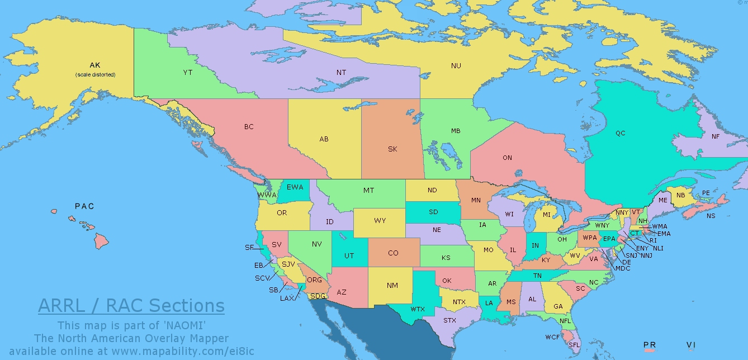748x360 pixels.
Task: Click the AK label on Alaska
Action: pos(94,65)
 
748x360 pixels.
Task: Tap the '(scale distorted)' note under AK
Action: pos(95,74)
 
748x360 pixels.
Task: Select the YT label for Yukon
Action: pos(188,73)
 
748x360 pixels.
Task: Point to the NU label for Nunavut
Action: pos(456,66)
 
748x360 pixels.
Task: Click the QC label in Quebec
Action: pos(620,133)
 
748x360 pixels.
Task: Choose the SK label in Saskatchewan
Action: pos(392,149)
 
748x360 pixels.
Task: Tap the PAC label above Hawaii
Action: pos(84,206)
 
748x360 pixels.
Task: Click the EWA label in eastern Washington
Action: pos(295,187)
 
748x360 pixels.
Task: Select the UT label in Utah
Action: pos(349,256)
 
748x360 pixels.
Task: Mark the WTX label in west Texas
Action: pos(418,309)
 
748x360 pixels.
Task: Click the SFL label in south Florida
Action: pos(574,345)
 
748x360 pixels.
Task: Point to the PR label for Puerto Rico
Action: pos(649,344)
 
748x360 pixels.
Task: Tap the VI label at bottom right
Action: pos(691,344)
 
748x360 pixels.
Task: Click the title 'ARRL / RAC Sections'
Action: pos(131,306)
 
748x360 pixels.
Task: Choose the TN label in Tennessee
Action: pos(537,276)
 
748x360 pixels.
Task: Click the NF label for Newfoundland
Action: pos(716,136)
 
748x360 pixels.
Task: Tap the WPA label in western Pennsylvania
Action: pos(589,238)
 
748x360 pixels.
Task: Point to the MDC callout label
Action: pos(622,269)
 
